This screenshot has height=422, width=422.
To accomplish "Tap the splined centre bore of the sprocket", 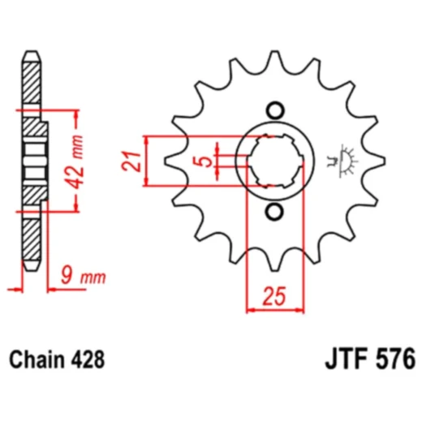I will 276,161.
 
